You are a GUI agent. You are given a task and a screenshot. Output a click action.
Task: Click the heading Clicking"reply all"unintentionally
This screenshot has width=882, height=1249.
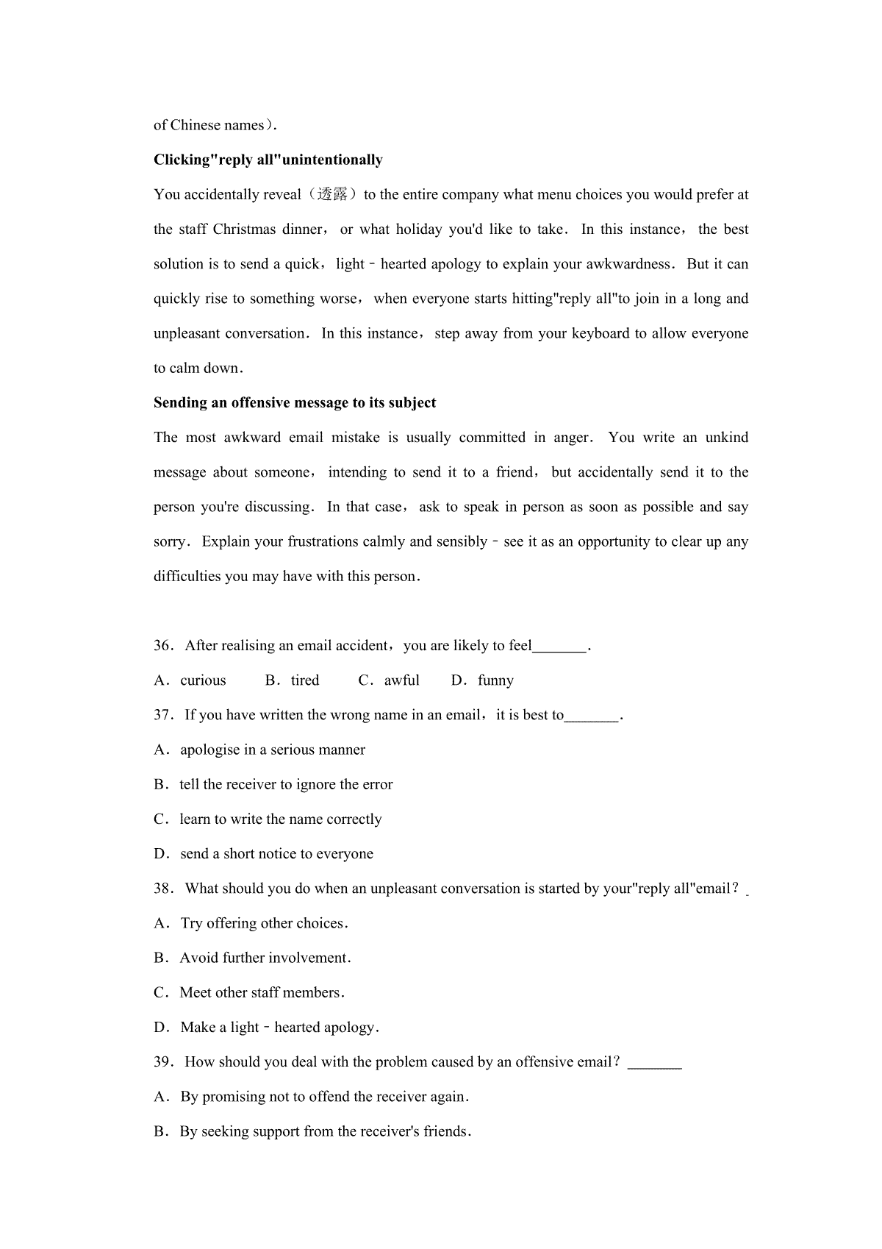[x=268, y=160]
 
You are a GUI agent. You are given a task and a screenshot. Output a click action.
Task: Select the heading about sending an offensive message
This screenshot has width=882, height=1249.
[x=294, y=402]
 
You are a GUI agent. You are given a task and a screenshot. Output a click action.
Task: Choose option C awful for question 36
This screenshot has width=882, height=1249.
[x=389, y=680]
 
